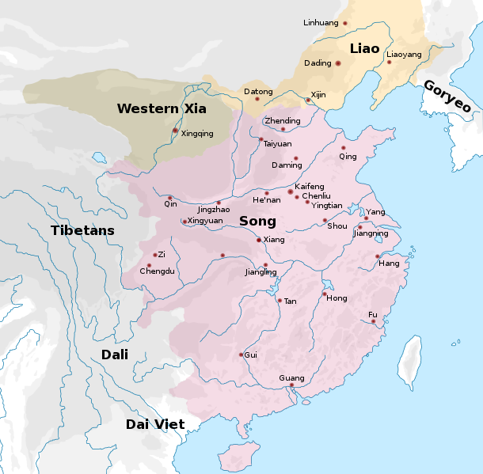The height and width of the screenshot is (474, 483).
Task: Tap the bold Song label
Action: tap(257, 222)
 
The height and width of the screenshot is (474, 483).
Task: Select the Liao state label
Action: tap(365, 48)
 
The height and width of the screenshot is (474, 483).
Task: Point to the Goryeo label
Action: tap(447, 97)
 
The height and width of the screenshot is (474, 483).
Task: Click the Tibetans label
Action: tap(82, 231)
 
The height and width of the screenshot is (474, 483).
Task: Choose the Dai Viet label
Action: tap(155, 424)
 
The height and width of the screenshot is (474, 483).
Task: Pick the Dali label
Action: tap(115, 355)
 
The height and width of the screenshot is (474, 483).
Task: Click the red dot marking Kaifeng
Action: tap(291, 191)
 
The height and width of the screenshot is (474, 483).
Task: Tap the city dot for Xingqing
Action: tap(175, 131)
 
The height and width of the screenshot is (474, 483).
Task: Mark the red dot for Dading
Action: tap(337, 63)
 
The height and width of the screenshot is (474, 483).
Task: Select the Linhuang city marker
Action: tap(345, 23)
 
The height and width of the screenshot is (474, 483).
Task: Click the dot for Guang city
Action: tap(291, 385)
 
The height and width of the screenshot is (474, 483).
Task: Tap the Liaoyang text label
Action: tap(404, 54)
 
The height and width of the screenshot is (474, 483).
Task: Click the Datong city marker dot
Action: tap(257, 99)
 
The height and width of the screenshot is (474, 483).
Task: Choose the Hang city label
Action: tap(389, 264)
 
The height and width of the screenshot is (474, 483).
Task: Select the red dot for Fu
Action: tap(373, 321)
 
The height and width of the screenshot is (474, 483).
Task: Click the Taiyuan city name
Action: tap(277, 144)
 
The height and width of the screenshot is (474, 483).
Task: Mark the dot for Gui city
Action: tap(241, 355)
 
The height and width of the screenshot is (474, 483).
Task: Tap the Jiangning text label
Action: tap(371, 233)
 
